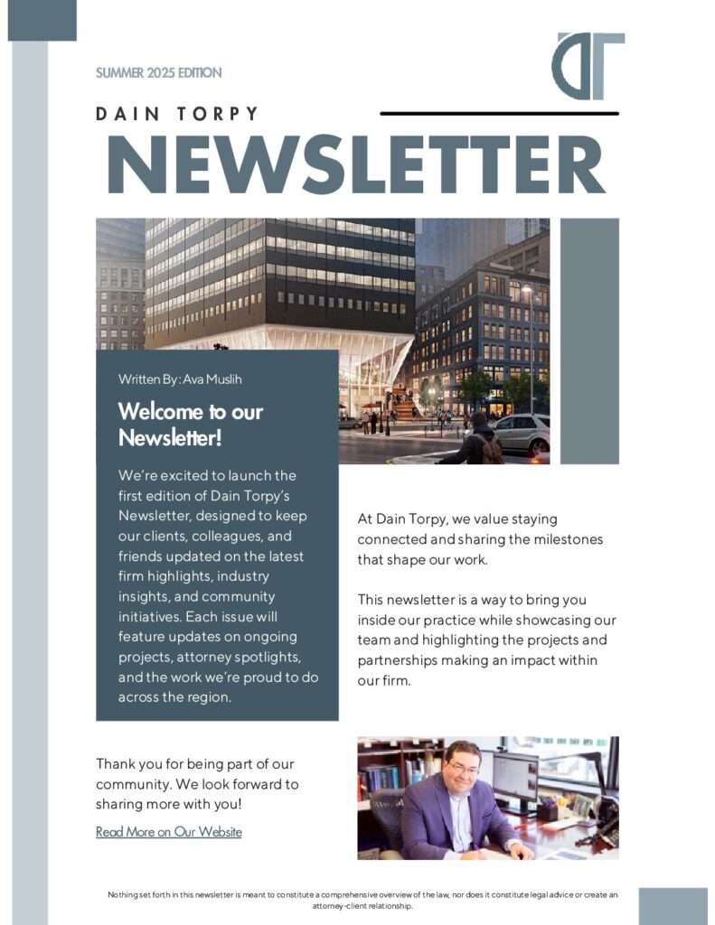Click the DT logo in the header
coord(588,66)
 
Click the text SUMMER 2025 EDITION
coord(158,72)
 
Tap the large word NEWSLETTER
coord(356,163)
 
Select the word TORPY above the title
coord(218,114)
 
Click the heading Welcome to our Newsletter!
coord(190,425)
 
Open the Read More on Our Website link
coord(169,832)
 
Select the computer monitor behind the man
coord(514,778)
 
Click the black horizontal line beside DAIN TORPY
coord(499,114)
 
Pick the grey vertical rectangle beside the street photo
coord(589,341)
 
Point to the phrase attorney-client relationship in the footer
coord(362,905)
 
